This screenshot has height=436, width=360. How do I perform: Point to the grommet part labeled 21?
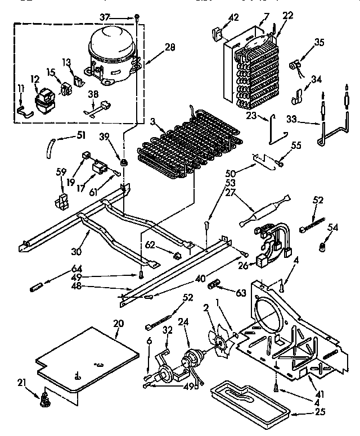point(42,400)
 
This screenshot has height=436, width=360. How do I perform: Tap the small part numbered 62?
point(178,256)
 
